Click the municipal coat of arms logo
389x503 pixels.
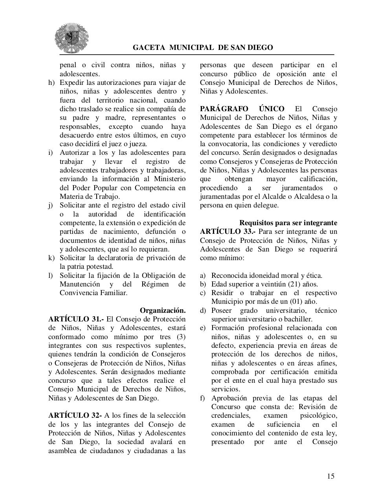point(71,38)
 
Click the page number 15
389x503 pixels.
point(330,476)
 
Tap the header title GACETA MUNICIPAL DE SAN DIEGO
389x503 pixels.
point(203,48)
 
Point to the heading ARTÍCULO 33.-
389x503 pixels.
point(228,231)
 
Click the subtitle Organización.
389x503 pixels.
point(163,310)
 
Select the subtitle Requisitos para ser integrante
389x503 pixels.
point(288,223)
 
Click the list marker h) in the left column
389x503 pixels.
point(51,83)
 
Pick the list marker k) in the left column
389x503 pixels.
point(51,258)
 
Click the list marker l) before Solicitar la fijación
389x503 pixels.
point(51,275)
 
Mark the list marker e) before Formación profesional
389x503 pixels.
point(203,328)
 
